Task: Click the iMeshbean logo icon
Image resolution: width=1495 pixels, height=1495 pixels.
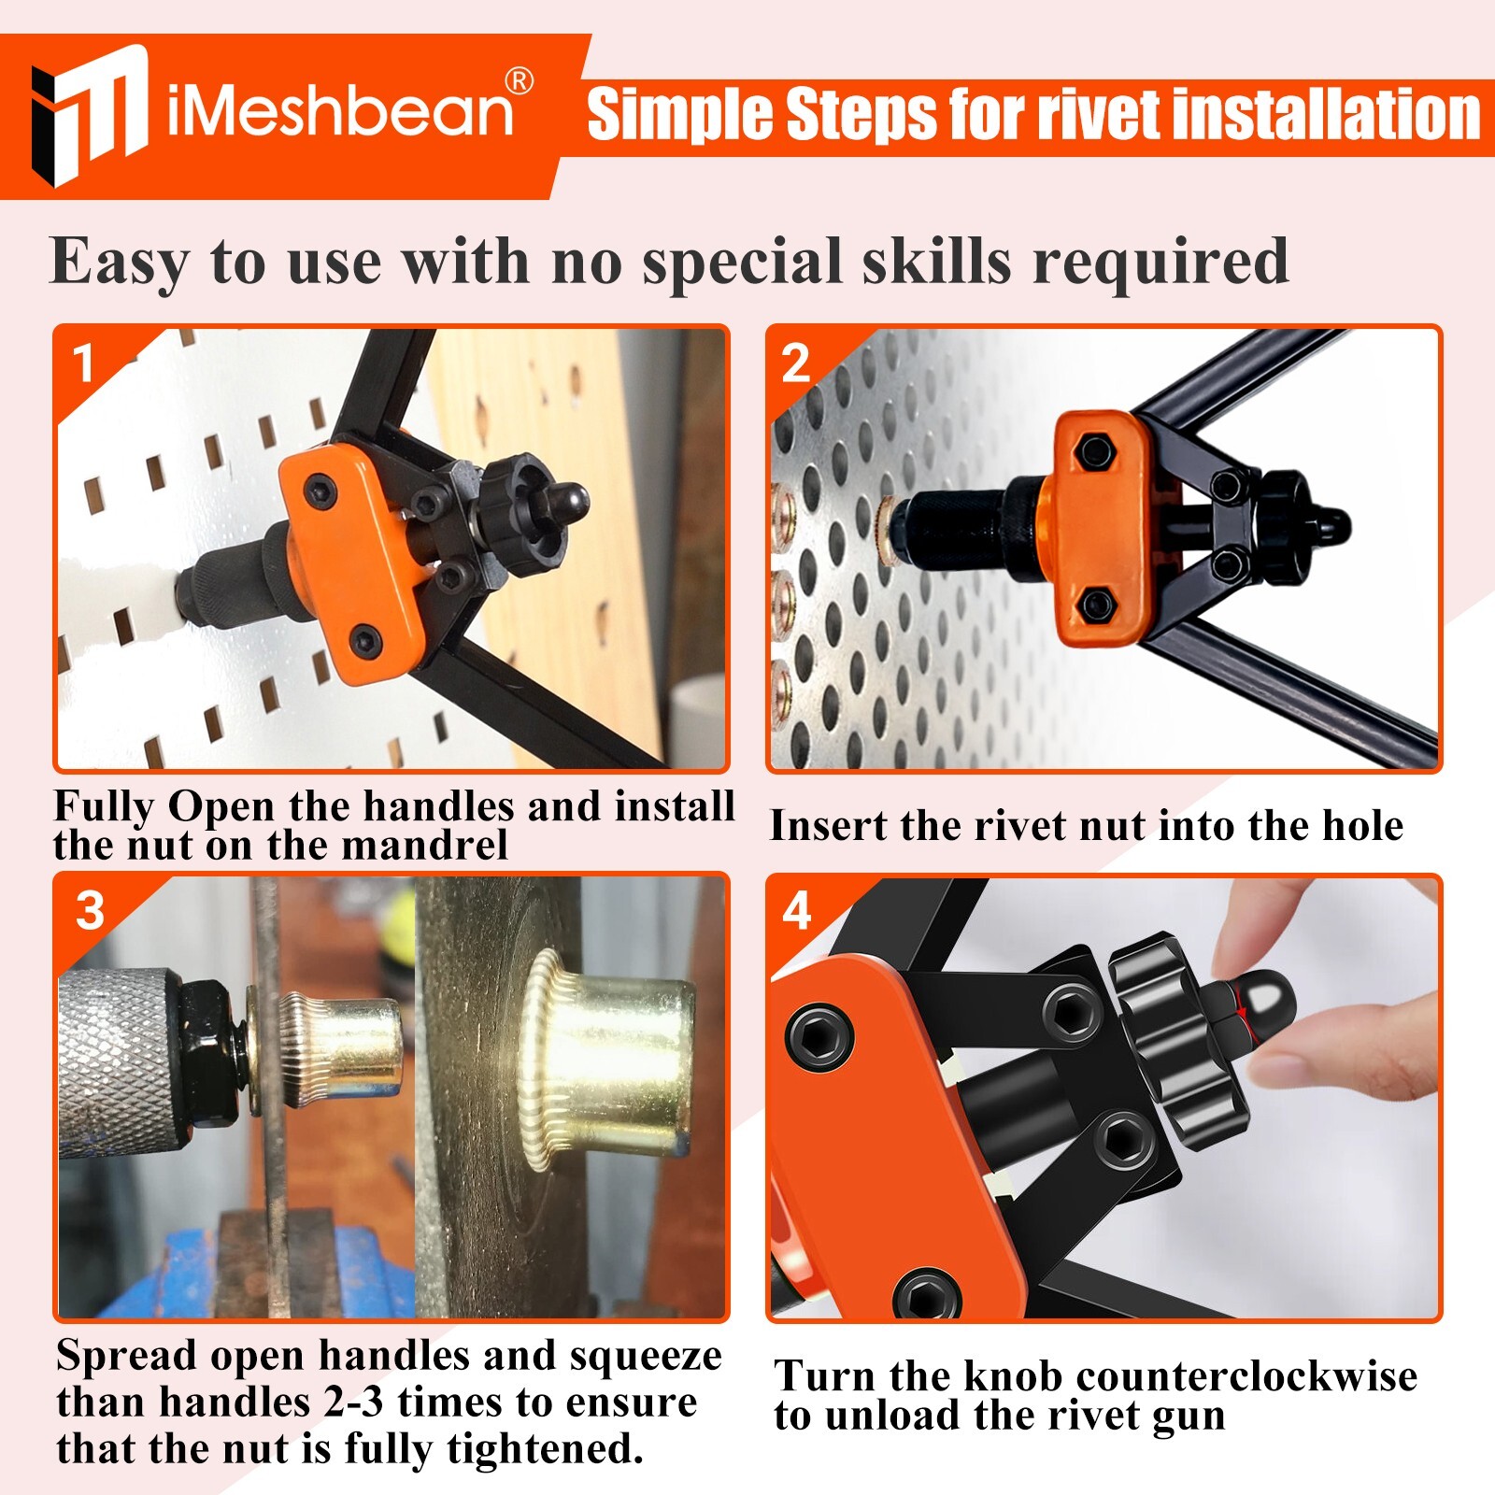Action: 90,114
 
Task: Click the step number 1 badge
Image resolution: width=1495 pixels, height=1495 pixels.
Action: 83,363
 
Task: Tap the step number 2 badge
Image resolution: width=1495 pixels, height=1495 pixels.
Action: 795,363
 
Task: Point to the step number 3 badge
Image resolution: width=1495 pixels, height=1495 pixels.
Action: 90,910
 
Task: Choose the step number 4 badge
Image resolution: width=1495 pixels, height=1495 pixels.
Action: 796,910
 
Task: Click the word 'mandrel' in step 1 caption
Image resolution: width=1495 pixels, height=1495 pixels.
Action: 424,846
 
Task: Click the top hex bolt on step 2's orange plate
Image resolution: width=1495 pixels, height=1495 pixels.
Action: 1094,451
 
